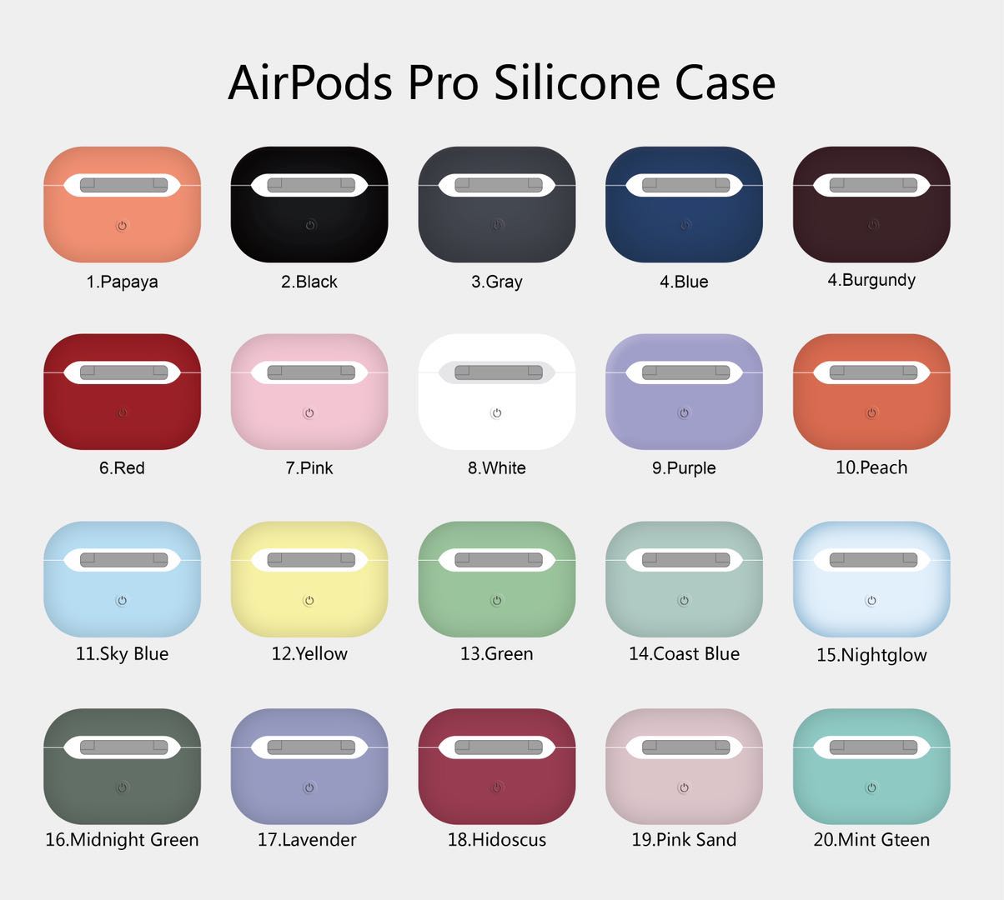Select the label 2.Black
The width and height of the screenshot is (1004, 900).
309,282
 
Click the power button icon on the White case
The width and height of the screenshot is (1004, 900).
497,413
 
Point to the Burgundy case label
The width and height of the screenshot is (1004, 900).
871,280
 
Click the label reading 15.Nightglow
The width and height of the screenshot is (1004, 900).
871,655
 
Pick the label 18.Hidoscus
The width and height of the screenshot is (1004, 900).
497,840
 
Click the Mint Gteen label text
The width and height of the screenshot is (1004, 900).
871,840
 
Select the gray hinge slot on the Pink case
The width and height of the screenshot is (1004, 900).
309,372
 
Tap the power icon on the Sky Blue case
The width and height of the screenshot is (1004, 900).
123,600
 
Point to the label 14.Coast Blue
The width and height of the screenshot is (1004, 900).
684,654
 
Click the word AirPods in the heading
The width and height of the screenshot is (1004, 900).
310,82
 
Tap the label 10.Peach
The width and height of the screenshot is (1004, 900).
871,467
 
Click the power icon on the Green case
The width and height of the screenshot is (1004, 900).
497,600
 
